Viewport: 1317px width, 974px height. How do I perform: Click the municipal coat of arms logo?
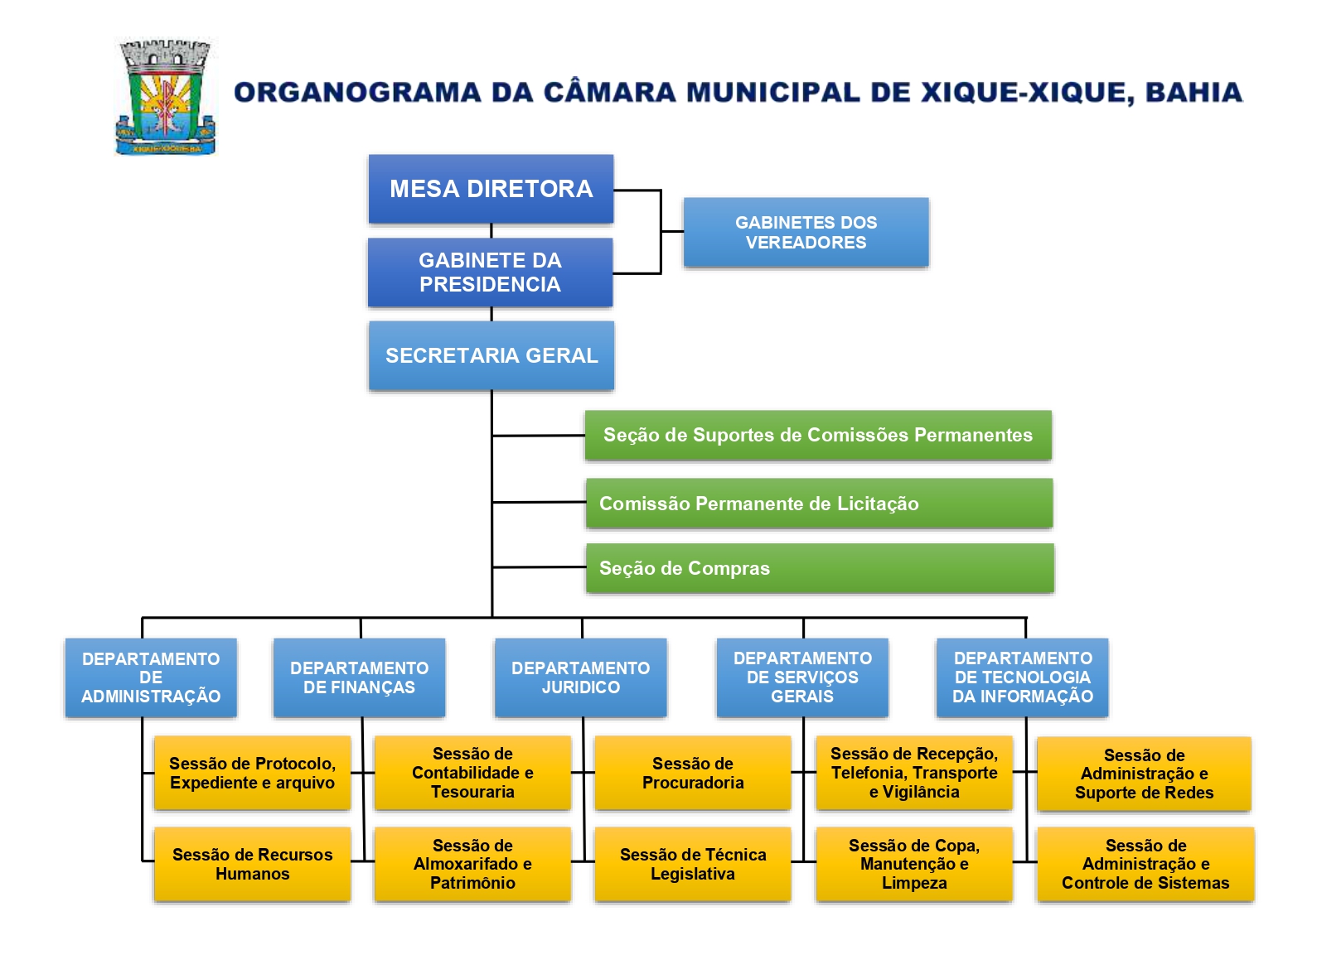pos(165,98)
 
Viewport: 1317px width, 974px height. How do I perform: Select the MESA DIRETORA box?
pos(491,189)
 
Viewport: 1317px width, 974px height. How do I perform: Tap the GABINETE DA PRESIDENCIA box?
pos(490,272)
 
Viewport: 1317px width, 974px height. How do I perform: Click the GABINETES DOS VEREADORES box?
pos(806,233)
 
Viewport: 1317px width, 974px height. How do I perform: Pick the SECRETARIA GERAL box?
pos(491,355)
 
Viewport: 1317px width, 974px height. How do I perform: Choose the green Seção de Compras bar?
pos(819,568)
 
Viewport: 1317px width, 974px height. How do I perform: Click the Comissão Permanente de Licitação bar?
pos(818,504)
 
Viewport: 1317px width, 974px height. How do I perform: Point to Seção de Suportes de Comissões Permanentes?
pos(817,435)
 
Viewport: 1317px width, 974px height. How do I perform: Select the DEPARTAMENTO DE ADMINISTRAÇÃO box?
pos(151,677)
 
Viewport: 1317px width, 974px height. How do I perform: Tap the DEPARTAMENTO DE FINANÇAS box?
pos(359,677)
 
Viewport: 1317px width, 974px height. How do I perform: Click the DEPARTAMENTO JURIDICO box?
pos(580,677)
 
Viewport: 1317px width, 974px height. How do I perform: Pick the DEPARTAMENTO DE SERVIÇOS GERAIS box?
pos(802,677)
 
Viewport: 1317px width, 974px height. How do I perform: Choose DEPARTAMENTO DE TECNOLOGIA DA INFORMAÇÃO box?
pos(1022,677)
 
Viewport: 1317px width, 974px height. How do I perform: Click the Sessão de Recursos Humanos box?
pos(252,864)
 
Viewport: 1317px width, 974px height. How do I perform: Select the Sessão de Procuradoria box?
pos(692,773)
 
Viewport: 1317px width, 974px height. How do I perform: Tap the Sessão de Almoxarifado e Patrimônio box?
pos(472,864)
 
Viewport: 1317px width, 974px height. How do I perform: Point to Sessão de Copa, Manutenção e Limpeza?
pos(913,864)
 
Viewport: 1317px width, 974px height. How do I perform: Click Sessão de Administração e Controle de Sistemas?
pos(1145,864)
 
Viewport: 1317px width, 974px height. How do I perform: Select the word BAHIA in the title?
pos(1194,92)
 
